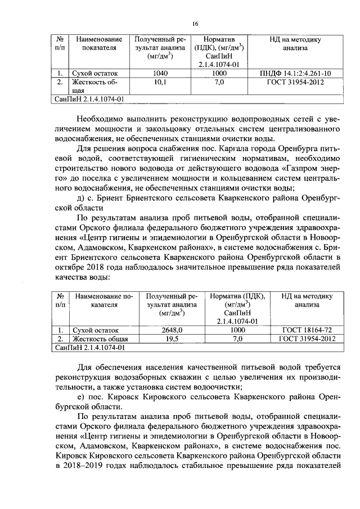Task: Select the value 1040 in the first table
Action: (x=160, y=73)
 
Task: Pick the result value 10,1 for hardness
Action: (x=160, y=82)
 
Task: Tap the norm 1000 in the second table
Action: (x=240, y=330)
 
